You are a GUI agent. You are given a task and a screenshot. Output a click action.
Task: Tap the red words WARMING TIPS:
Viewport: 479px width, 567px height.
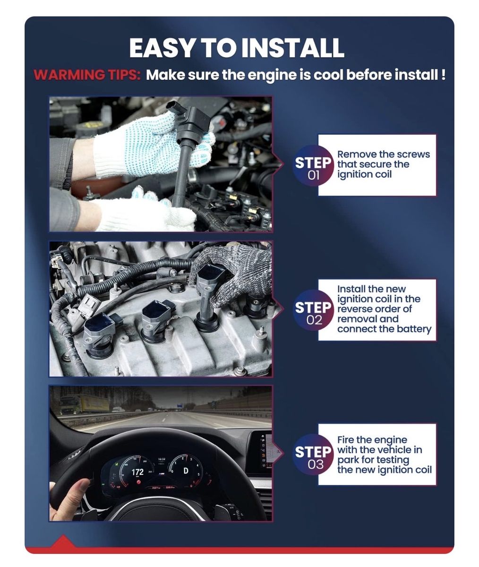click(x=87, y=75)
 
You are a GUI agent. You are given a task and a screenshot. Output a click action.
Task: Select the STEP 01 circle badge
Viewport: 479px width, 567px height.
click(x=313, y=165)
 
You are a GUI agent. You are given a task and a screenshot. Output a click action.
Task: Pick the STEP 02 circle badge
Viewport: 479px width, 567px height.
click(x=313, y=310)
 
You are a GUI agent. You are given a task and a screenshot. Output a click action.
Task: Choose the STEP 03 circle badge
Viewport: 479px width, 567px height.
click(x=313, y=454)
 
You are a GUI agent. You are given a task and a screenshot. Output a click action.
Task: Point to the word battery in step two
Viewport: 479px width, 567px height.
click(x=414, y=329)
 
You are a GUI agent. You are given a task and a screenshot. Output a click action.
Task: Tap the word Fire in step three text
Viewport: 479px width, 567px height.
click(x=345, y=439)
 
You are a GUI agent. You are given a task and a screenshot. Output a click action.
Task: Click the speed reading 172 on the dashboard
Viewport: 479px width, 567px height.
click(x=137, y=472)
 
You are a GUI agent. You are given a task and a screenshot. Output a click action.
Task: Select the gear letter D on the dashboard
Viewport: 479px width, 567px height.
click(x=186, y=471)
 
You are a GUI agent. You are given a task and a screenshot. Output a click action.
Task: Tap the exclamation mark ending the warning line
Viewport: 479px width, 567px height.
click(x=443, y=74)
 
